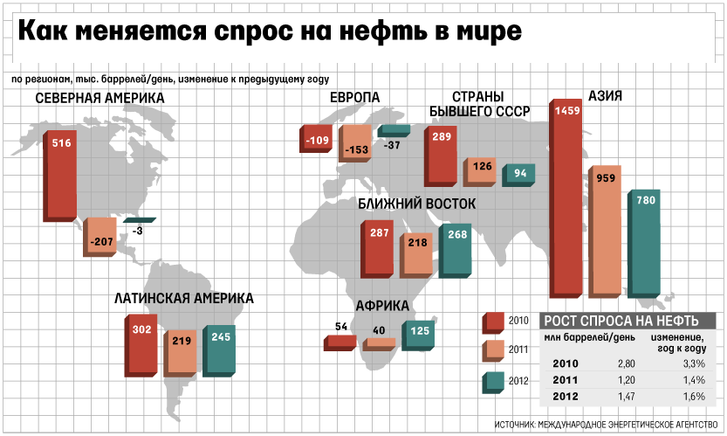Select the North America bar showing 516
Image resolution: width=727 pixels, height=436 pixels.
point(61,175)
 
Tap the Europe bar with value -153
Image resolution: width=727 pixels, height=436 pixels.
point(356,142)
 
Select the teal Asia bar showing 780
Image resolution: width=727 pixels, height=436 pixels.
point(644,240)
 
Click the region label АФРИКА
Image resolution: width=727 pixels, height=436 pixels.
point(382,306)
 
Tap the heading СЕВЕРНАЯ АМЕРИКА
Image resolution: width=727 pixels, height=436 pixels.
point(99,98)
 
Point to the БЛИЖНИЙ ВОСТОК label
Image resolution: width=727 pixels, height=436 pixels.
point(417,204)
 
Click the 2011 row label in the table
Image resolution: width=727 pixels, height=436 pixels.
point(566,379)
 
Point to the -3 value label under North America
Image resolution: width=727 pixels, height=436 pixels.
point(138,231)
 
